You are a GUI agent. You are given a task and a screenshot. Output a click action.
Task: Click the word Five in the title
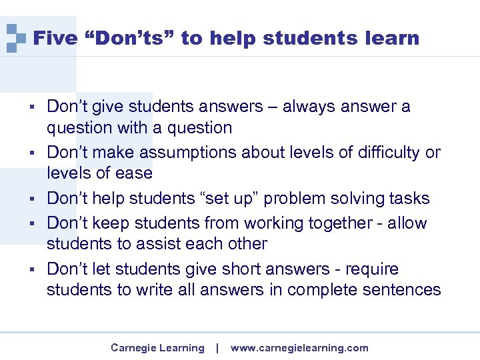[55, 39]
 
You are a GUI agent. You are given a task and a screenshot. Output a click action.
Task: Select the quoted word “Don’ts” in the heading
[129, 39]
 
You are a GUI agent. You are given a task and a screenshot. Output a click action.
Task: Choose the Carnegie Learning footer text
[157, 348]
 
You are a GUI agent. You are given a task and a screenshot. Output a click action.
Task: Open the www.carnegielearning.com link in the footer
[299, 348]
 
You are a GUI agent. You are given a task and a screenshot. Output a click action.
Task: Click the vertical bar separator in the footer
[217, 348]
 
